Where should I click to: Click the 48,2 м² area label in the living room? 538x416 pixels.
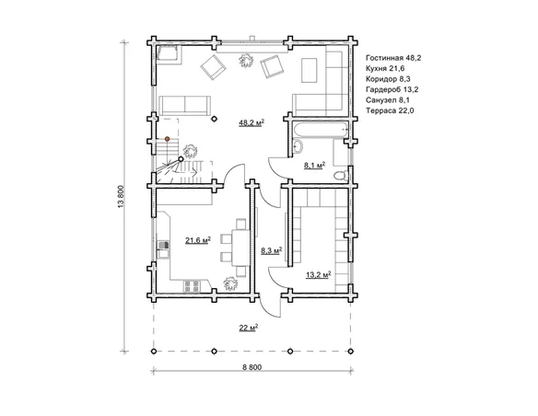(x=251, y=122)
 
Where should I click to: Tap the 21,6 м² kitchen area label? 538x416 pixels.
(x=198, y=240)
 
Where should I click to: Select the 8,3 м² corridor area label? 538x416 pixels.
(x=272, y=250)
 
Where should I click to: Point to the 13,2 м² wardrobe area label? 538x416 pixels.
(x=319, y=274)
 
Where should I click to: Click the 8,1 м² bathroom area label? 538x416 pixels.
(x=315, y=166)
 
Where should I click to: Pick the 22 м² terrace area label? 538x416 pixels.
(x=249, y=328)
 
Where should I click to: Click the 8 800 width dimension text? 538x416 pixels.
(x=251, y=367)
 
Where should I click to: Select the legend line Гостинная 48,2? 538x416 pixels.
(x=393, y=58)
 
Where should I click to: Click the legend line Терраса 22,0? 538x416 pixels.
(x=390, y=110)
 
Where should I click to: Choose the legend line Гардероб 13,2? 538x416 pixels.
(x=392, y=90)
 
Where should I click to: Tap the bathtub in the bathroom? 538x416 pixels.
(x=321, y=130)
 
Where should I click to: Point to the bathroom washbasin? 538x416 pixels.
(x=298, y=146)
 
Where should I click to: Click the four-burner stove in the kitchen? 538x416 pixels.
(x=192, y=286)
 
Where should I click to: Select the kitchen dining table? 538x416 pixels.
(x=240, y=248)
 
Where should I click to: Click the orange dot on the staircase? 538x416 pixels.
(x=167, y=139)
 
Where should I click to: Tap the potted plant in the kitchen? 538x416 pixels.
(x=230, y=283)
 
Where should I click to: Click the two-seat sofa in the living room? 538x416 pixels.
(x=185, y=106)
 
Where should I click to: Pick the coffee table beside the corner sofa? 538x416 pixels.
(x=310, y=70)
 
